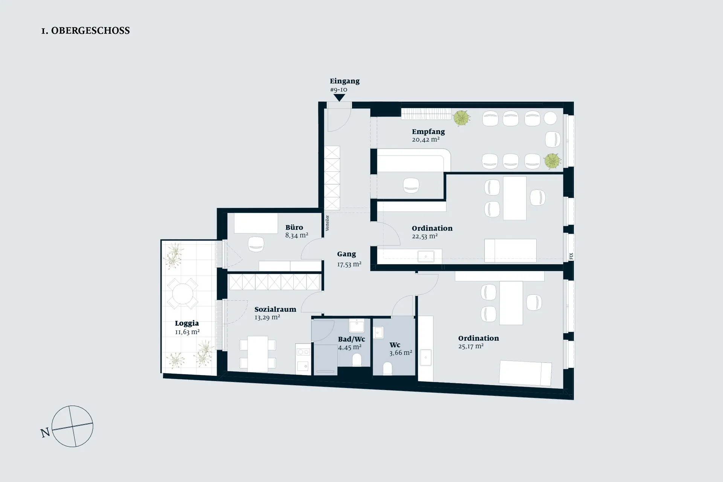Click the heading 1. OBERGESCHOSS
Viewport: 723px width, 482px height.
(85, 31)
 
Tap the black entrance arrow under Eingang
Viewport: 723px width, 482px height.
(339, 98)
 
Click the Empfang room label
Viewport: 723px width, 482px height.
(428, 132)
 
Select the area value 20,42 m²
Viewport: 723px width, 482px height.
(426, 139)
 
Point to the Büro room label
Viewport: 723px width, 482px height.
(294, 227)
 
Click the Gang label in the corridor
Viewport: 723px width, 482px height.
(346, 255)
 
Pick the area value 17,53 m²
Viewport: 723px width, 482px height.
(349, 264)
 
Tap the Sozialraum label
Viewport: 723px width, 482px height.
(275, 309)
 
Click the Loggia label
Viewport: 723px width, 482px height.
(187, 323)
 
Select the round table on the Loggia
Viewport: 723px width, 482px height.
(183, 294)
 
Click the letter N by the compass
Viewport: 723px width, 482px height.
(45, 433)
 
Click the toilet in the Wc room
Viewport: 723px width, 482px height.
(387, 369)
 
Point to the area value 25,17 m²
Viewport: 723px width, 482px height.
(471, 346)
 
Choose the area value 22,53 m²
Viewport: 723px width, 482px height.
(425, 236)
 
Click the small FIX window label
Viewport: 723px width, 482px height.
(571, 256)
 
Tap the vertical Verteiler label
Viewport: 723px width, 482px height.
(327, 223)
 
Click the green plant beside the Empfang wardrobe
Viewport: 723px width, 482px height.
(461, 118)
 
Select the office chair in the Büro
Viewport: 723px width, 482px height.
(256, 244)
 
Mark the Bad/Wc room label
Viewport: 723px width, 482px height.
(351, 339)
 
